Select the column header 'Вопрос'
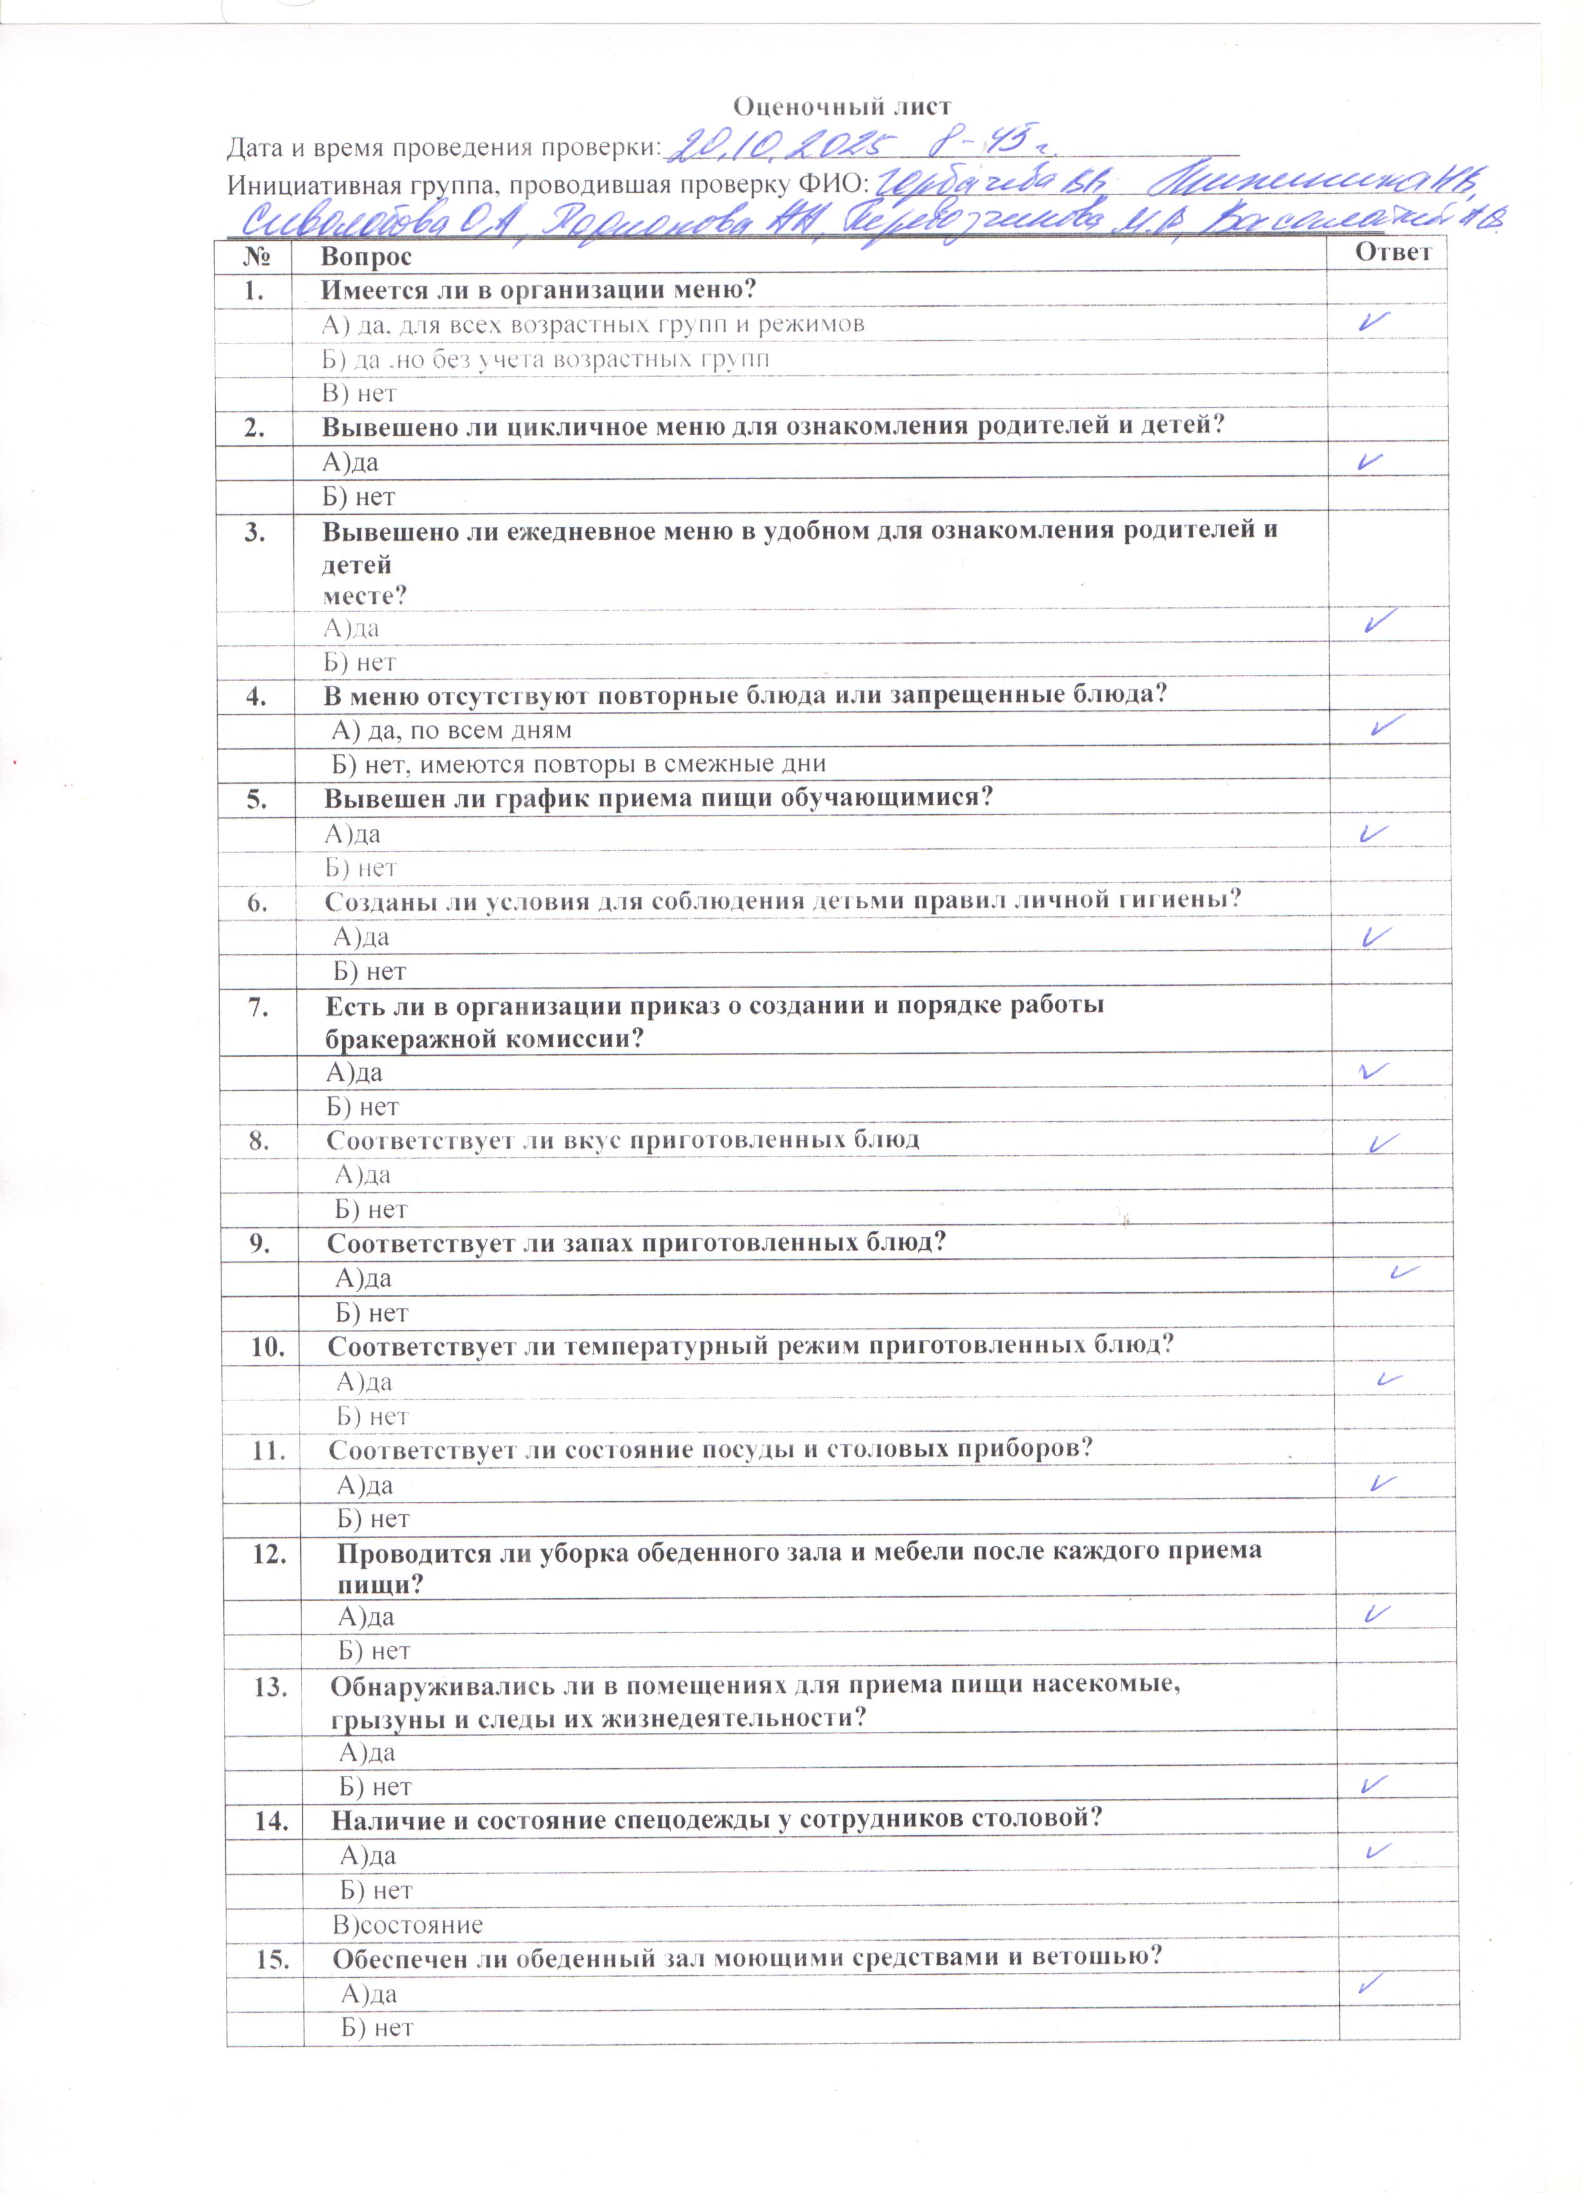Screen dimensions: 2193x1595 (367, 257)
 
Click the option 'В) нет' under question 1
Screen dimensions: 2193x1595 (358, 393)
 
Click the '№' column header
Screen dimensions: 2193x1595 (255, 257)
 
